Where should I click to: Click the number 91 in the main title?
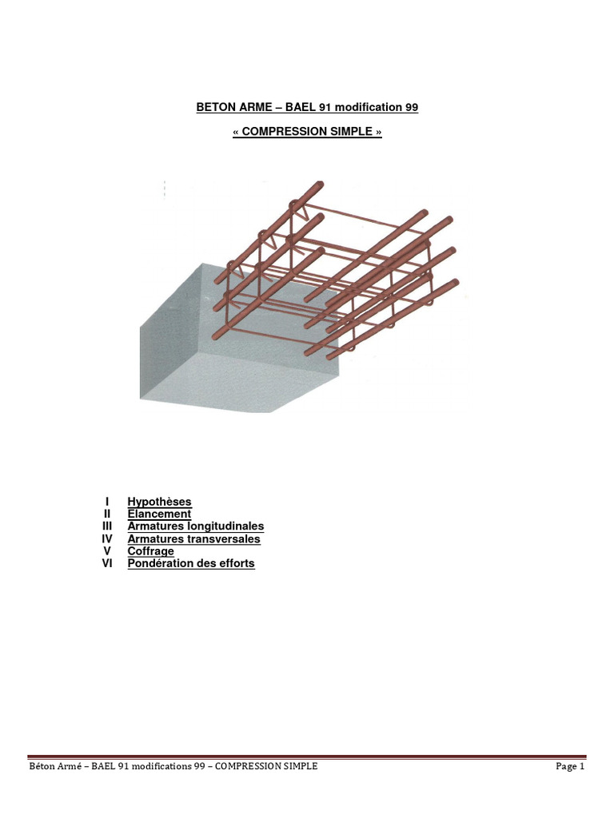click(x=325, y=107)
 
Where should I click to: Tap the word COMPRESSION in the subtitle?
click(x=277, y=132)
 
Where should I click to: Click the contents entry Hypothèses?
click(x=159, y=502)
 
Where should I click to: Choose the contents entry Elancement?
click(x=159, y=514)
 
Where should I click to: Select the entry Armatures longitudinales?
click(x=196, y=526)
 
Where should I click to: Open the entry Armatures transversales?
click(x=193, y=539)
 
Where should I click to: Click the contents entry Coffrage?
click(x=151, y=551)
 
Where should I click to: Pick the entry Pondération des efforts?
click(x=191, y=563)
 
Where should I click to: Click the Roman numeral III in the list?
click(x=107, y=526)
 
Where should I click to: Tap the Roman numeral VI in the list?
click(x=107, y=563)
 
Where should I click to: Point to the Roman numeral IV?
click(x=107, y=539)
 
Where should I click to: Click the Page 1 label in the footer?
click(x=570, y=766)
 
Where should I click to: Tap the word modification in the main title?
click(x=368, y=107)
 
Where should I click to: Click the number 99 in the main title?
click(x=412, y=107)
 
